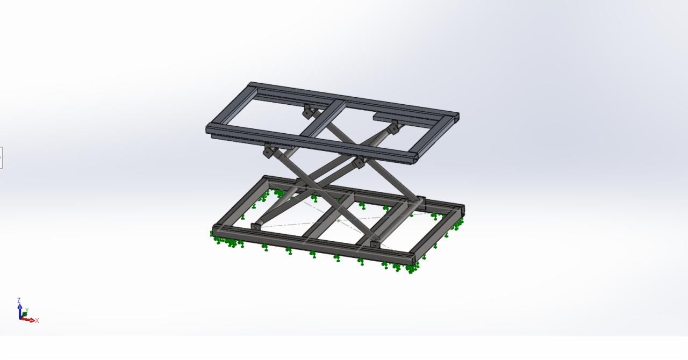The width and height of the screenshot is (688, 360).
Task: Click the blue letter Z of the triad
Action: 19,300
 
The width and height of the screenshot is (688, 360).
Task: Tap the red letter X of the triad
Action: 37,321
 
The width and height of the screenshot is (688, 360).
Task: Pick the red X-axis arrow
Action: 29,320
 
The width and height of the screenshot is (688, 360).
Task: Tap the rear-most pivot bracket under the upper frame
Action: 307,112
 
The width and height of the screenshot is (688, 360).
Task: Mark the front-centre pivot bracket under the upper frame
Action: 359,162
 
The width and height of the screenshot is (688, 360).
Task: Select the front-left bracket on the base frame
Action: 255,226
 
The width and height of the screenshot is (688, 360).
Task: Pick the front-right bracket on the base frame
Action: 375,244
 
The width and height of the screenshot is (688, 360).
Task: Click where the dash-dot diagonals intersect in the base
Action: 338,220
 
